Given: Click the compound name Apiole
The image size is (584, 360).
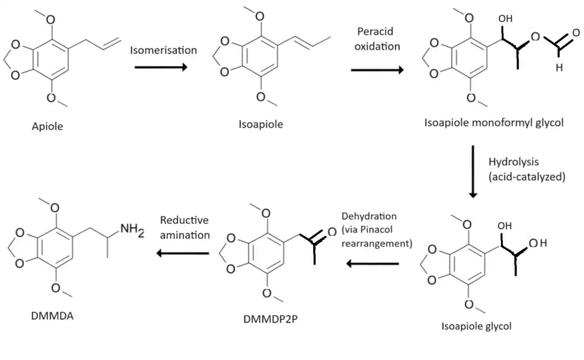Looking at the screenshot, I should [x=47, y=128].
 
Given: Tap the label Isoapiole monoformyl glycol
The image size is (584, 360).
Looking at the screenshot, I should [x=494, y=123].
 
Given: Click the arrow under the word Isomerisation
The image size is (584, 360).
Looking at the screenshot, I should [x=159, y=65].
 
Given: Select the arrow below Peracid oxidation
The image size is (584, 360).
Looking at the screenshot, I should [x=377, y=70].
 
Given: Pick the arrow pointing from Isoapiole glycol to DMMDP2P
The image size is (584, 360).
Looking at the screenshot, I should [x=373, y=263].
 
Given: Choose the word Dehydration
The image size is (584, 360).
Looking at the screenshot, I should [x=369, y=216].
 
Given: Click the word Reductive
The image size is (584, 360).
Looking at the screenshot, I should [x=184, y=220].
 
